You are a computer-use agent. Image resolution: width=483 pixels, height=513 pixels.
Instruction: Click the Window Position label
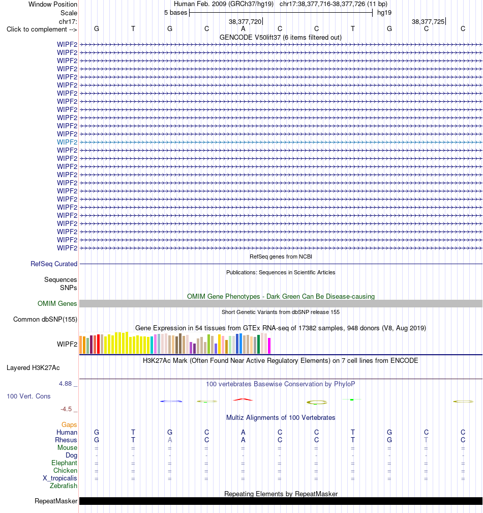(53, 4)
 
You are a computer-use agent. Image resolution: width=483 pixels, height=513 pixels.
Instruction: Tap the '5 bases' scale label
(175, 13)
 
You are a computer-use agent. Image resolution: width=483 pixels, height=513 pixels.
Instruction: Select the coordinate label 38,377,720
(245, 21)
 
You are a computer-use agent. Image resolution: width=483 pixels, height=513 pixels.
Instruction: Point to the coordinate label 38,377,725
(428, 21)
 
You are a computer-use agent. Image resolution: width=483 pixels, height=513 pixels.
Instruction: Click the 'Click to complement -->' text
(42, 30)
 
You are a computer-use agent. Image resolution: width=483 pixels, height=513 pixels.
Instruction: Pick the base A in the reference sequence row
(243, 29)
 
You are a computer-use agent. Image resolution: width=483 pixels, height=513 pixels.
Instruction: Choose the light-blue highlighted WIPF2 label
(67, 142)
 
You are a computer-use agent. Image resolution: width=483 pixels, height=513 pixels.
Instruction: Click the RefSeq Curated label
(54, 264)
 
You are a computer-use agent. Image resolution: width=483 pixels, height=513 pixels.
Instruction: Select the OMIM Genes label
(57, 304)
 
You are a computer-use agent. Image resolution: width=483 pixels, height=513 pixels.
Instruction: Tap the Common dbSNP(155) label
(45, 319)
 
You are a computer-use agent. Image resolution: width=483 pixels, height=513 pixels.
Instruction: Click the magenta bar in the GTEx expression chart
(269, 346)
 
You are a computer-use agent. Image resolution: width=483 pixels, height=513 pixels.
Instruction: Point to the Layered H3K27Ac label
(33, 368)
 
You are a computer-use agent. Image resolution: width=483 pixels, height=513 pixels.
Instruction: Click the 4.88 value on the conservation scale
(66, 383)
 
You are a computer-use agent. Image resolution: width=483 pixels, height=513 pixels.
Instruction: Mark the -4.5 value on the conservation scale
(66, 409)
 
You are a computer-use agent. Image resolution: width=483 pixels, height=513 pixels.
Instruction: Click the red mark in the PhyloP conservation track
(243, 399)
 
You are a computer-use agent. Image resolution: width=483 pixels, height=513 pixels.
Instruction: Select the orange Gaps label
(69, 424)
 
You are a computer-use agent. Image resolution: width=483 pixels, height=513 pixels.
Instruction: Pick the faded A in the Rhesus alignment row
(170, 440)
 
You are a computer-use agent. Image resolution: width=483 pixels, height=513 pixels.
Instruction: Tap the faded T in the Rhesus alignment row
(426, 440)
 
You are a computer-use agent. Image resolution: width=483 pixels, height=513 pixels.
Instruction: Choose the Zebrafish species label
(64, 486)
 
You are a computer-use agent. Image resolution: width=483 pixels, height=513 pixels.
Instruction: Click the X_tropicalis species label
(60, 478)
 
